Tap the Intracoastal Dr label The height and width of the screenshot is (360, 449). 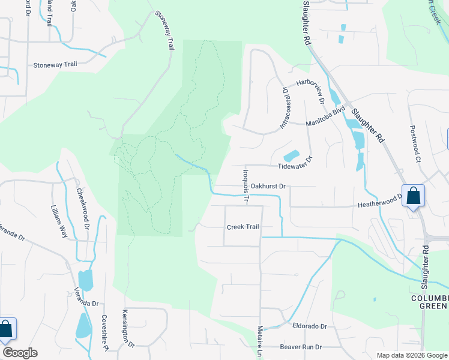click(x=285, y=107)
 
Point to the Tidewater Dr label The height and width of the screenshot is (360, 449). click(x=295, y=164)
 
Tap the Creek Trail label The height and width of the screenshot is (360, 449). click(x=243, y=227)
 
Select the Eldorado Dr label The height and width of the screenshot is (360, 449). click(x=310, y=326)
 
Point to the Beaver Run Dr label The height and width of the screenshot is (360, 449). click(x=301, y=347)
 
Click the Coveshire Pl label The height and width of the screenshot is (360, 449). click(x=104, y=333)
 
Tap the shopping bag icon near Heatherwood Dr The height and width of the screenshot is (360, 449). click(x=414, y=196)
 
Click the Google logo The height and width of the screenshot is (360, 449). click(x=20, y=353)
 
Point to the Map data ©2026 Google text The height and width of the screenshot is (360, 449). click(x=411, y=355)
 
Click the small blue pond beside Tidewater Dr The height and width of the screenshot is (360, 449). click(x=291, y=155)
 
